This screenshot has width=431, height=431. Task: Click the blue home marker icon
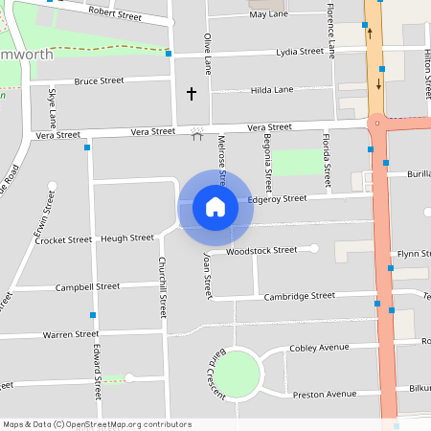215,206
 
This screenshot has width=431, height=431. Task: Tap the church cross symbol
191,94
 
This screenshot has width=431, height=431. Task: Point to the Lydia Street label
301,52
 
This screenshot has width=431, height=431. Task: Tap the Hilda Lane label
271,89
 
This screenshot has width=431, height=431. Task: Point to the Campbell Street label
87,286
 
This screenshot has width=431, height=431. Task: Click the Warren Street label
70,334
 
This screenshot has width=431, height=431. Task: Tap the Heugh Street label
127,238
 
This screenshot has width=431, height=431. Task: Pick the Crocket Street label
63,240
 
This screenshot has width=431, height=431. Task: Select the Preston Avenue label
324,394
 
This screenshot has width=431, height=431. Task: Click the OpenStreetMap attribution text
97,423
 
